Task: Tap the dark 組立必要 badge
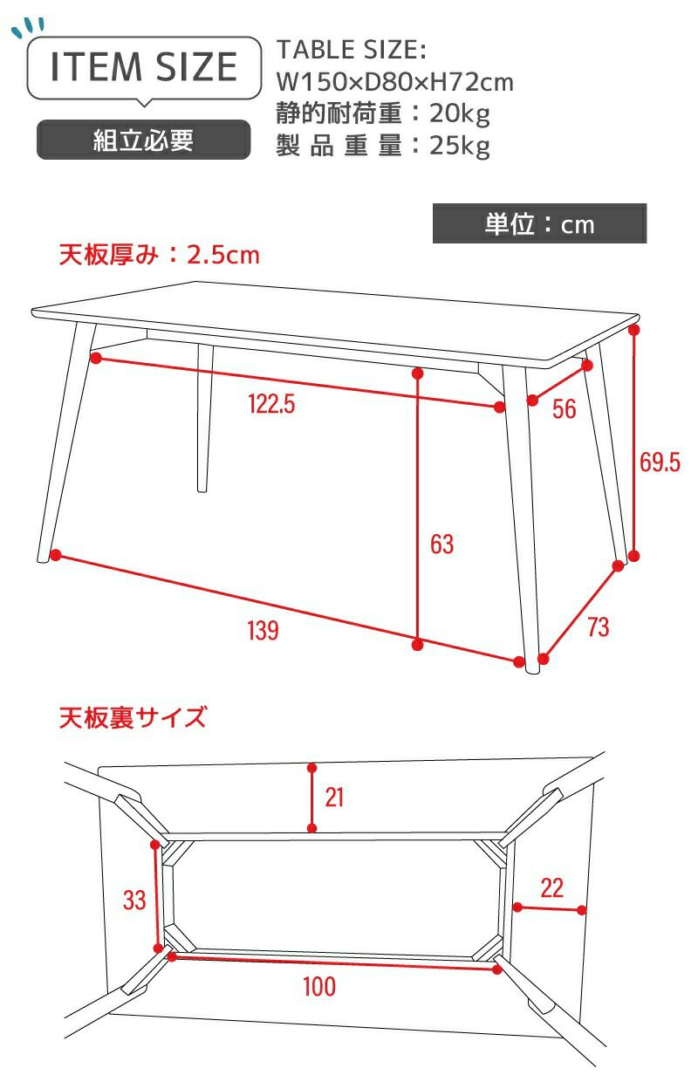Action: (x=144, y=140)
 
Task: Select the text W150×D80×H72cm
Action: (x=394, y=82)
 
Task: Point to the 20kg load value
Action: (x=459, y=114)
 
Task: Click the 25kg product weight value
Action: (x=459, y=146)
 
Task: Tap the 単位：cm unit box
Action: (x=539, y=223)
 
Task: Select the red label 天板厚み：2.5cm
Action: (x=160, y=255)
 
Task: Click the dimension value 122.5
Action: (x=271, y=404)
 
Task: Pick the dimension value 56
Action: (x=564, y=409)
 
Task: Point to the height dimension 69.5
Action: (x=660, y=462)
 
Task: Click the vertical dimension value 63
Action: (x=441, y=544)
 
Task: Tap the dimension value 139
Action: (x=263, y=631)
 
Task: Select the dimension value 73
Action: (x=598, y=627)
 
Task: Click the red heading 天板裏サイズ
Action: (x=133, y=717)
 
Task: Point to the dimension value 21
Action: (x=334, y=798)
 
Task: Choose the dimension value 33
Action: (x=134, y=900)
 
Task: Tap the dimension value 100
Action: (x=318, y=986)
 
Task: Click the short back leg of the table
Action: (x=204, y=418)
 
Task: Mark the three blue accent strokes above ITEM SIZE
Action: (x=28, y=27)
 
